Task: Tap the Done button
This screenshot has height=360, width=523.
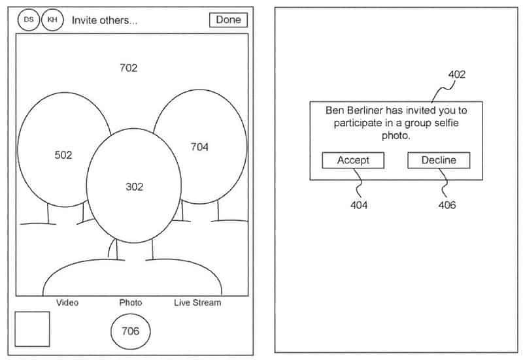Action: (x=228, y=20)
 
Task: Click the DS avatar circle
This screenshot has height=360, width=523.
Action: (x=29, y=20)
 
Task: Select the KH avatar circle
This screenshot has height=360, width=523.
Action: (x=52, y=20)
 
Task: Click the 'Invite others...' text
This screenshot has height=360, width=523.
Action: (x=105, y=20)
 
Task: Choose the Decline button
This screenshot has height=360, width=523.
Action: (x=438, y=160)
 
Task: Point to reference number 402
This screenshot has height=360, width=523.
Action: (x=456, y=74)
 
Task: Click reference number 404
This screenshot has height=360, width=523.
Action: (x=358, y=205)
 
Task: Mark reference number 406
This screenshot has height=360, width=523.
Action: (x=447, y=205)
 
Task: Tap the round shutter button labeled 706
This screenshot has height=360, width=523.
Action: (x=130, y=331)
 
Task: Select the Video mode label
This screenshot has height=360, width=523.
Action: (x=67, y=303)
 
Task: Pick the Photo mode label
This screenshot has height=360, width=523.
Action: (x=131, y=303)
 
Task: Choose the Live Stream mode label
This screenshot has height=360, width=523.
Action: (x=197, y=303)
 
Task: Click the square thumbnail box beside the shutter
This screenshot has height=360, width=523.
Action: (x=32, y=329)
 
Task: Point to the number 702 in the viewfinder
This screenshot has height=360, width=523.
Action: (x=129, y=67)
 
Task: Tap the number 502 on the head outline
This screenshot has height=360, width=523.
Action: (x=63, y=155)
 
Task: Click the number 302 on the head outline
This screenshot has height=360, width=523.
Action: (x=134, y=187)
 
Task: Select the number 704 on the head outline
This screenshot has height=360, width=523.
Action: (x=199, y=147)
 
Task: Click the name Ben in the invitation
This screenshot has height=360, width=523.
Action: (x=336, y=110)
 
